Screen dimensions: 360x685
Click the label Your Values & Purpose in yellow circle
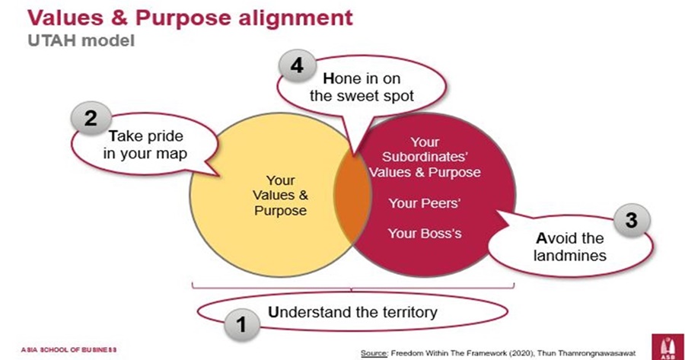coord(280,196)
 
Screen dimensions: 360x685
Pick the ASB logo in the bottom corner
coord(661,343)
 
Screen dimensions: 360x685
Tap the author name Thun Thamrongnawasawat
coord(588,352)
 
